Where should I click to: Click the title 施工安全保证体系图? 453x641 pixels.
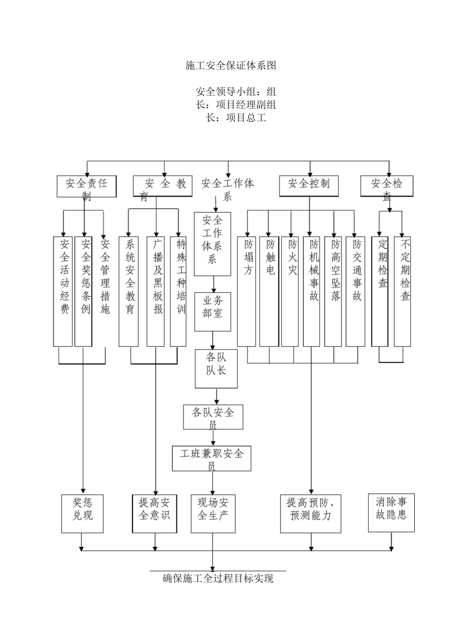tap(231, 66)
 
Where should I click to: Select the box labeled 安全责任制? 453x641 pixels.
tap(86, 186)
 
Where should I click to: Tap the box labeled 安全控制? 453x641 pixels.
tap(309, 186)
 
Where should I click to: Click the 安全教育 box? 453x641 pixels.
tap(162, 186)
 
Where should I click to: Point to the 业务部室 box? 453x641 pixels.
tap(213, 311)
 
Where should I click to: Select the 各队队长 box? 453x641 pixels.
tap(216, 369)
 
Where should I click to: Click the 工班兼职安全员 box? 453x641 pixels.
tap(211, 458)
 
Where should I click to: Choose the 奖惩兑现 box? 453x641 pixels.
tap(82, 514)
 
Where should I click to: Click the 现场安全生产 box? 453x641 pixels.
tap(213, 514)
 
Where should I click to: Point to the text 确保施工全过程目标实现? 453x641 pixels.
tap(218, 579)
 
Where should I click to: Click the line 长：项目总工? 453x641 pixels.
tap(236, 118)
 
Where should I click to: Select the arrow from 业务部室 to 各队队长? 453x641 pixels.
tap(213, 340)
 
